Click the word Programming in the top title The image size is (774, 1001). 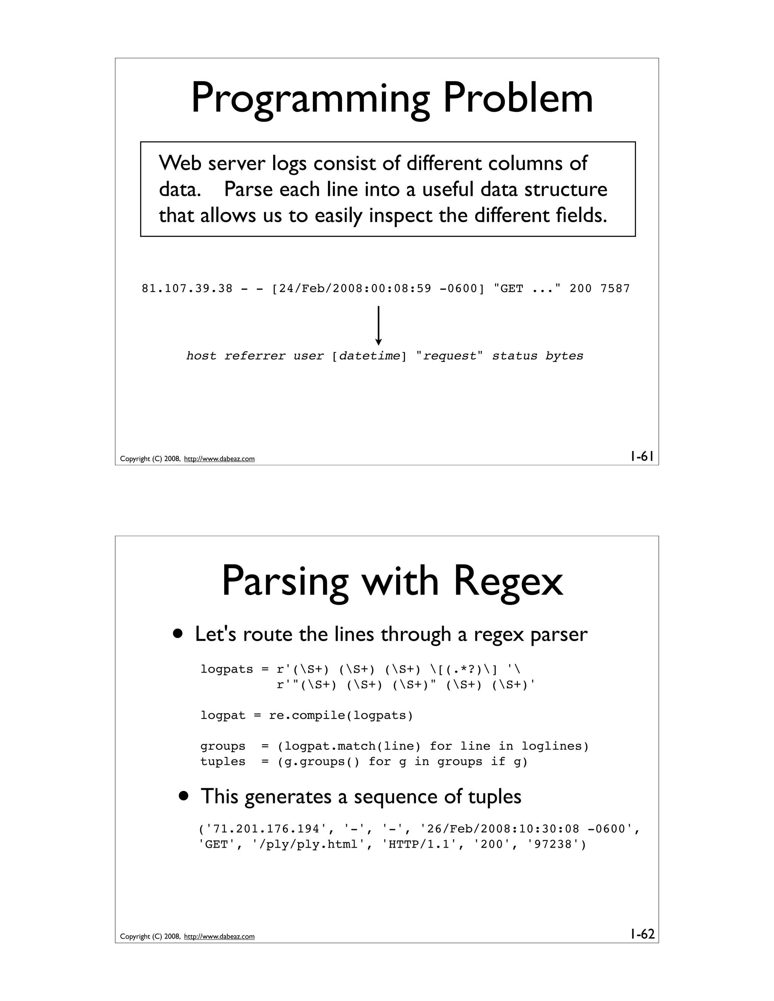click(310, 99)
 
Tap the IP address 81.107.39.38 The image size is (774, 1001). click(187, 289)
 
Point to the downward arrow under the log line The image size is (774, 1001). click(378, 325)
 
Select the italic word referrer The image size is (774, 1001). click(254, 356)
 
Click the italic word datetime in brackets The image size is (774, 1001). click(369, 356)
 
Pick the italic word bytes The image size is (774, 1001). click(564, 356)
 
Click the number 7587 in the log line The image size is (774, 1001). click(615, 289)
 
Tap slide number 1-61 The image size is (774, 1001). click(641, 457)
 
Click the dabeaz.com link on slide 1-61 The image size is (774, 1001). click(219, 459)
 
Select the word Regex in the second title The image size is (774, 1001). click(508, 581)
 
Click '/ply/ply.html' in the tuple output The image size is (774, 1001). click(309, 845)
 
